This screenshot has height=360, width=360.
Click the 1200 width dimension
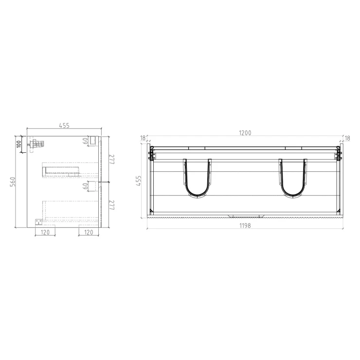pyautogui.click(x=245, y=133)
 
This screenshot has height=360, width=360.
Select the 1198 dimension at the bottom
pyautogui.click(x=245, y=226)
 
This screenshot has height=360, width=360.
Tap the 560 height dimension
pyautogui.click(x=13, y=181)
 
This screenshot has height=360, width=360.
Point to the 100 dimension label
pyautogui.click(x=19, y=144)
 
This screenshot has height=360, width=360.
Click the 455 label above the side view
pyautogui.click(x=64, y=126)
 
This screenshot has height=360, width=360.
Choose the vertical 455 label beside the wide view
pyautogui.click(x=138, y=180)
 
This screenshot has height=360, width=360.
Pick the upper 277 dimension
pyautogui.click(x=112, y=160)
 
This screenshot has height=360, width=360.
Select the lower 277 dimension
pyautogui.click(x=112, y=205)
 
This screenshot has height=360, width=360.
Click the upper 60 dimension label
pyautogui.click(x=85, y=141)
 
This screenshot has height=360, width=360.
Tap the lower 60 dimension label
pyautogui.click(x=85, y=186)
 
